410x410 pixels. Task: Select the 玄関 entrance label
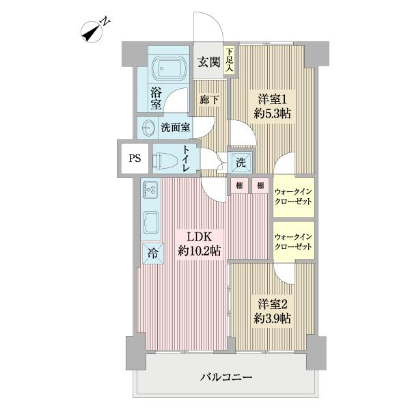(x=208, y=64)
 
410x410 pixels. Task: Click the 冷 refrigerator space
(x=151, y=252)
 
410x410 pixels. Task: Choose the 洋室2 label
(x=271, y=302)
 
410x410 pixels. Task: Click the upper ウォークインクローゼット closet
(x=293, y=197)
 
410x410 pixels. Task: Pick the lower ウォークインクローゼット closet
(x=293, y=241)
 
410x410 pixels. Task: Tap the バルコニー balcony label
(x=227, y=377)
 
